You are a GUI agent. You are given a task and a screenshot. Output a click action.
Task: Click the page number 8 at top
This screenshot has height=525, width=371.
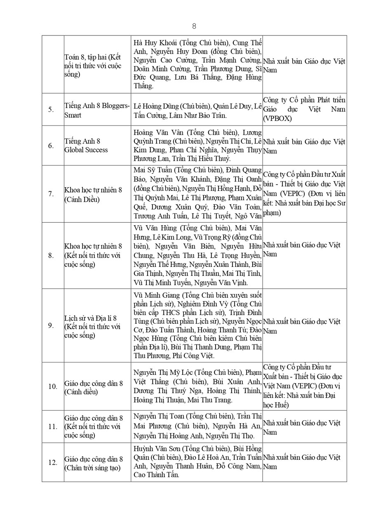coord(194,26)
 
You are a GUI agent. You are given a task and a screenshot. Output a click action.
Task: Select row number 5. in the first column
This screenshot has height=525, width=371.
coord(51,110)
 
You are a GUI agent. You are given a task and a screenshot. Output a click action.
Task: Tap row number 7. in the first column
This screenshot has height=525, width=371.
coord(51,194)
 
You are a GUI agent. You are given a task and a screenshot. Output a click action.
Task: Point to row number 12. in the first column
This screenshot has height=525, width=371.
coord(52,463)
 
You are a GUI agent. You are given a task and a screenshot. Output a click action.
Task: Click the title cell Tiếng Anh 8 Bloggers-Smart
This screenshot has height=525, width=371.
coord(97,110)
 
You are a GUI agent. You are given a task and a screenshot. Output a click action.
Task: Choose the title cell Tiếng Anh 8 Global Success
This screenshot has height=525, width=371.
coord(86,146)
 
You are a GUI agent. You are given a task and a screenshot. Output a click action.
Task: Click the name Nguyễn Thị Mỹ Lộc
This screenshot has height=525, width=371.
coord(162,372)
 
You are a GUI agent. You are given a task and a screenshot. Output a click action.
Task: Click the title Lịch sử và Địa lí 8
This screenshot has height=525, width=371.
coord(91,318)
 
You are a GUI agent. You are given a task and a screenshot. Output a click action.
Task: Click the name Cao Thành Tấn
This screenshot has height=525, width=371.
coord(156,475)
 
